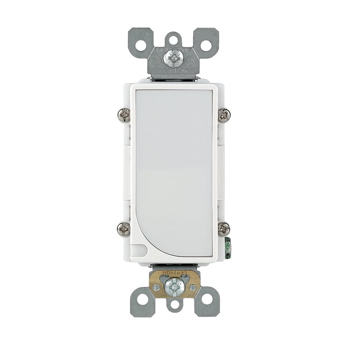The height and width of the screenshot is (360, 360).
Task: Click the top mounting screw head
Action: click(x=174, y=58)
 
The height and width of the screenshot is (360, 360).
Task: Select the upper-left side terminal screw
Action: click(x=124, y=115)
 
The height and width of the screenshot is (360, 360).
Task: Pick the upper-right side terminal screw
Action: click(x=224, y=115)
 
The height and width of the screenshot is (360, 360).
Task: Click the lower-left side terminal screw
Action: click(x=124, y=229)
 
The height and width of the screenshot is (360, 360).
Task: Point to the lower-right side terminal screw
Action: click(x=224, y=229)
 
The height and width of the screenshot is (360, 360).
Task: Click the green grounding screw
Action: click(x=228, y=247)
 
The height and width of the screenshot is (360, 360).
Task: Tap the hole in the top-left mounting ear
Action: click(x=141, y=45)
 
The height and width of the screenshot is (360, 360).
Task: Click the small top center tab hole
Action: click(x=174, y=39)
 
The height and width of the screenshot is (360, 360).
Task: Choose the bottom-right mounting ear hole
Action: click(x=207, y=298)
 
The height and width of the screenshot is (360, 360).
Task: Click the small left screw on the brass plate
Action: click(x=156, y=287)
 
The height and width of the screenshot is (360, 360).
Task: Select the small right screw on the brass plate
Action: click(x=193, y=287)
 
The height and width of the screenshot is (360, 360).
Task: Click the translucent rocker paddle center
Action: click(x=174, y=171)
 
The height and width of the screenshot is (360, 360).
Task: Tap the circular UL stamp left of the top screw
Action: click(x=156, y=60)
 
